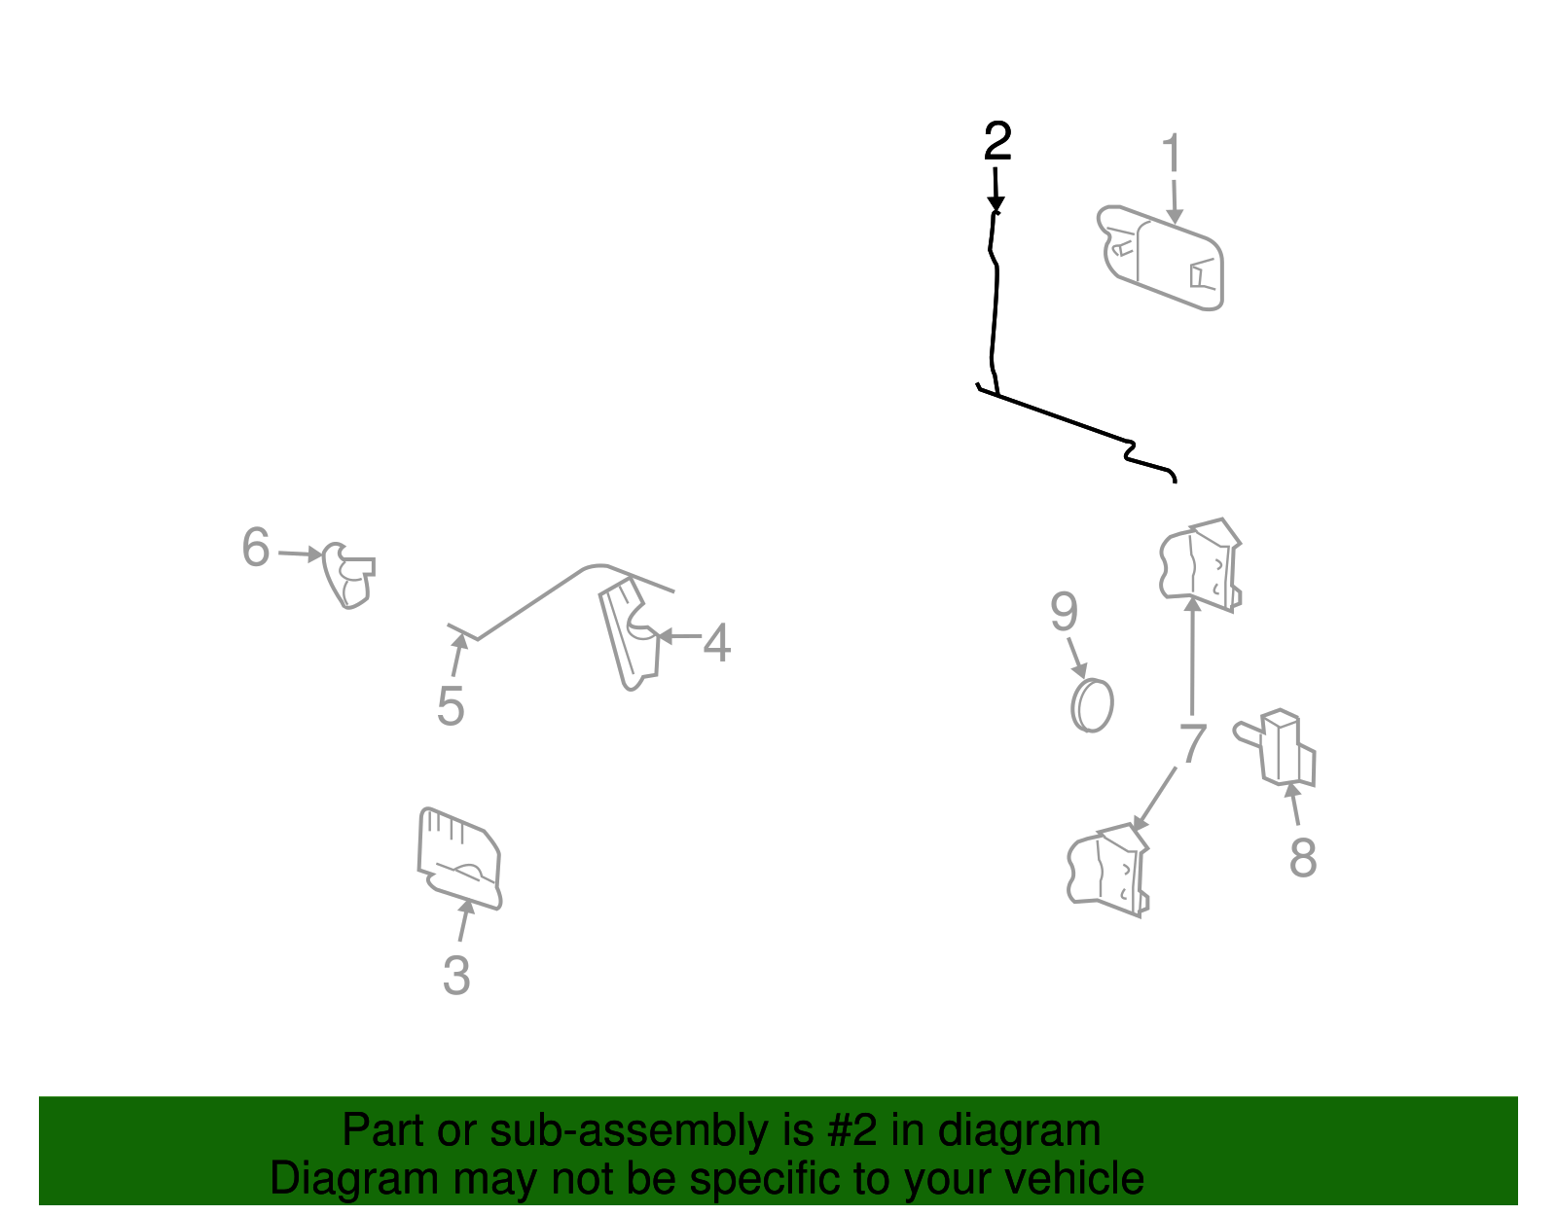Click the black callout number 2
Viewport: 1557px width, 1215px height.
997,141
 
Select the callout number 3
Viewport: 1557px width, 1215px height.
456,975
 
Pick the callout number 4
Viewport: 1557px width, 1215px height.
716,642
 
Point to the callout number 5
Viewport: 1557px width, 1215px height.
451,706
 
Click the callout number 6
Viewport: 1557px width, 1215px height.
256,547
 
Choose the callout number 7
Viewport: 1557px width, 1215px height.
1193,742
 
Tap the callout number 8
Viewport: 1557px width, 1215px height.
1303,858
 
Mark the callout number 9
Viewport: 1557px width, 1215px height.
1064,612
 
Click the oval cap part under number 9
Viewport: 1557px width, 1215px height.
1092,705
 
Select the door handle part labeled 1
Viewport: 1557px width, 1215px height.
1160,258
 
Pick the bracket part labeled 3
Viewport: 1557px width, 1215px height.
459,858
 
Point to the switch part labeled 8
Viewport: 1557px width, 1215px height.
1276,748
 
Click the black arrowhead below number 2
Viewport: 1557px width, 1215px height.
996,204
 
